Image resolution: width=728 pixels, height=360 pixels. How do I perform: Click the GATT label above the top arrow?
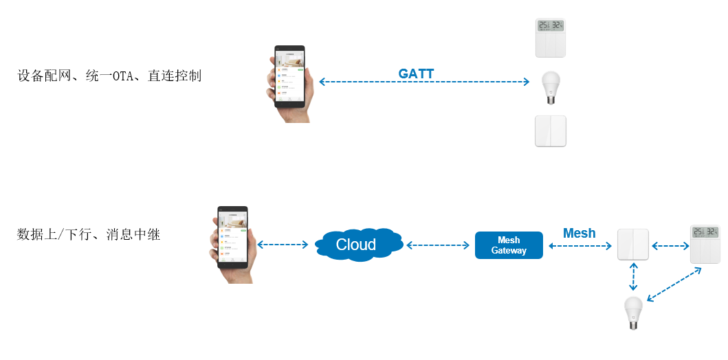416,74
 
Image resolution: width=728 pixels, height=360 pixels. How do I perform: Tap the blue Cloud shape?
357,244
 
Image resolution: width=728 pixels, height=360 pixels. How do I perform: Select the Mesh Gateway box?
509,245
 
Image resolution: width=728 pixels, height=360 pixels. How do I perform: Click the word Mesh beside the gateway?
579,233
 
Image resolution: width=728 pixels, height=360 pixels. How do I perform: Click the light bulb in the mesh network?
632,314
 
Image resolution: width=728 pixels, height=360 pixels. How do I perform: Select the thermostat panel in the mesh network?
705,244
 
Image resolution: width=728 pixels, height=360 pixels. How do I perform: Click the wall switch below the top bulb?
550,131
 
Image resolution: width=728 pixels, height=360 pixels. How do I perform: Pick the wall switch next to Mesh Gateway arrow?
632,245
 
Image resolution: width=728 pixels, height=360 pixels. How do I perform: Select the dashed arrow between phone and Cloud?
283,245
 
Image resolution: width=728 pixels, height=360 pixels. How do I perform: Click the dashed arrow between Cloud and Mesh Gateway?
437,245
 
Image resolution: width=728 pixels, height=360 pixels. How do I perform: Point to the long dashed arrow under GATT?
424,82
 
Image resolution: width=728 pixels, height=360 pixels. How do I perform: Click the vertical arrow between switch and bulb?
632,278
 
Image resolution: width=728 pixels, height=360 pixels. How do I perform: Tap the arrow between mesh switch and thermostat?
669,245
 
